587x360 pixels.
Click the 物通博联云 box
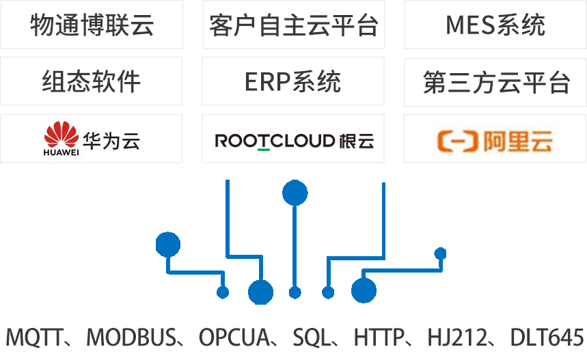(92, 25)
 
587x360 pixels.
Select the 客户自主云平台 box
(294, 25)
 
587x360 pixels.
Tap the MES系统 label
(495, 25)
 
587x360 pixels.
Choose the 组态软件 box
(92, 81)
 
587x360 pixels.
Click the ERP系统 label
(293, 81)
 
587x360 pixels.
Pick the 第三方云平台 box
(496, 83)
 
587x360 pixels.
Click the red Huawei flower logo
(61, 135)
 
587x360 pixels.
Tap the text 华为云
(111, 140)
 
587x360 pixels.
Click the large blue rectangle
(301, 241)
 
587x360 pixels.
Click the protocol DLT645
(547, 337)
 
